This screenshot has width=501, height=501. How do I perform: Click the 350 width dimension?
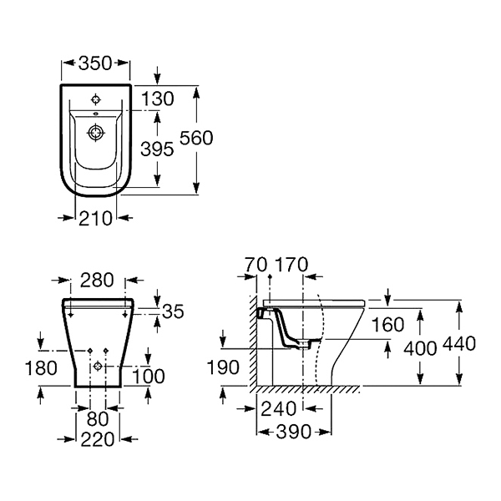click(x=95, y=63)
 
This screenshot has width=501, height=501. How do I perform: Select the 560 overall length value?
click(x=196, y=138)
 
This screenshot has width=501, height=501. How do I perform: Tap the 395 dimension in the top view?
click(x=157, y=149)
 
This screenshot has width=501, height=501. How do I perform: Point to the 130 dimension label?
click(x=158, y=99)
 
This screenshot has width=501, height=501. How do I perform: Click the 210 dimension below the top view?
click(x=95, y=219)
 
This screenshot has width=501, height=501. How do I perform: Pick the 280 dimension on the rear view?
click(x=97, y=280)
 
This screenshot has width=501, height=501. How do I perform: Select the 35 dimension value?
click(x=173, y=311)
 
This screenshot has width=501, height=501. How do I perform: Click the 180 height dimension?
click(x=41, y=367)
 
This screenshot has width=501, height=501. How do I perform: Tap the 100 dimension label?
click(x=149, y=376)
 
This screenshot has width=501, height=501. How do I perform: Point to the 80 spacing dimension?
click(x=98, y=419)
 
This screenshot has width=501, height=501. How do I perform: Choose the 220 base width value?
click(x=98, y=439)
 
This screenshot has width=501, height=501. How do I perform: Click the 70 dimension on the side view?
click(x=256, y=265)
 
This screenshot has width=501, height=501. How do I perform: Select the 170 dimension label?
click(x=291, y=265)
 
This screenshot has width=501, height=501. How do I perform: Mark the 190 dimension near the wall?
click(x=223, y=367)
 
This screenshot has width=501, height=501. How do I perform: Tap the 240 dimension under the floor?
click(x=278, y=409)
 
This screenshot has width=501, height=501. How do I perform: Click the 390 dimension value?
click(x=293, y=432)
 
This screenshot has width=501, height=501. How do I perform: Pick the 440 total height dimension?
click(x=459, y=344)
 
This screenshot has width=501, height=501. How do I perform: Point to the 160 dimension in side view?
click(x=388, y=325)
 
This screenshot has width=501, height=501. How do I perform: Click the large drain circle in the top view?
click(x=96, y=132)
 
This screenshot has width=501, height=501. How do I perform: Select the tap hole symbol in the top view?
click(x=96, y=99)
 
